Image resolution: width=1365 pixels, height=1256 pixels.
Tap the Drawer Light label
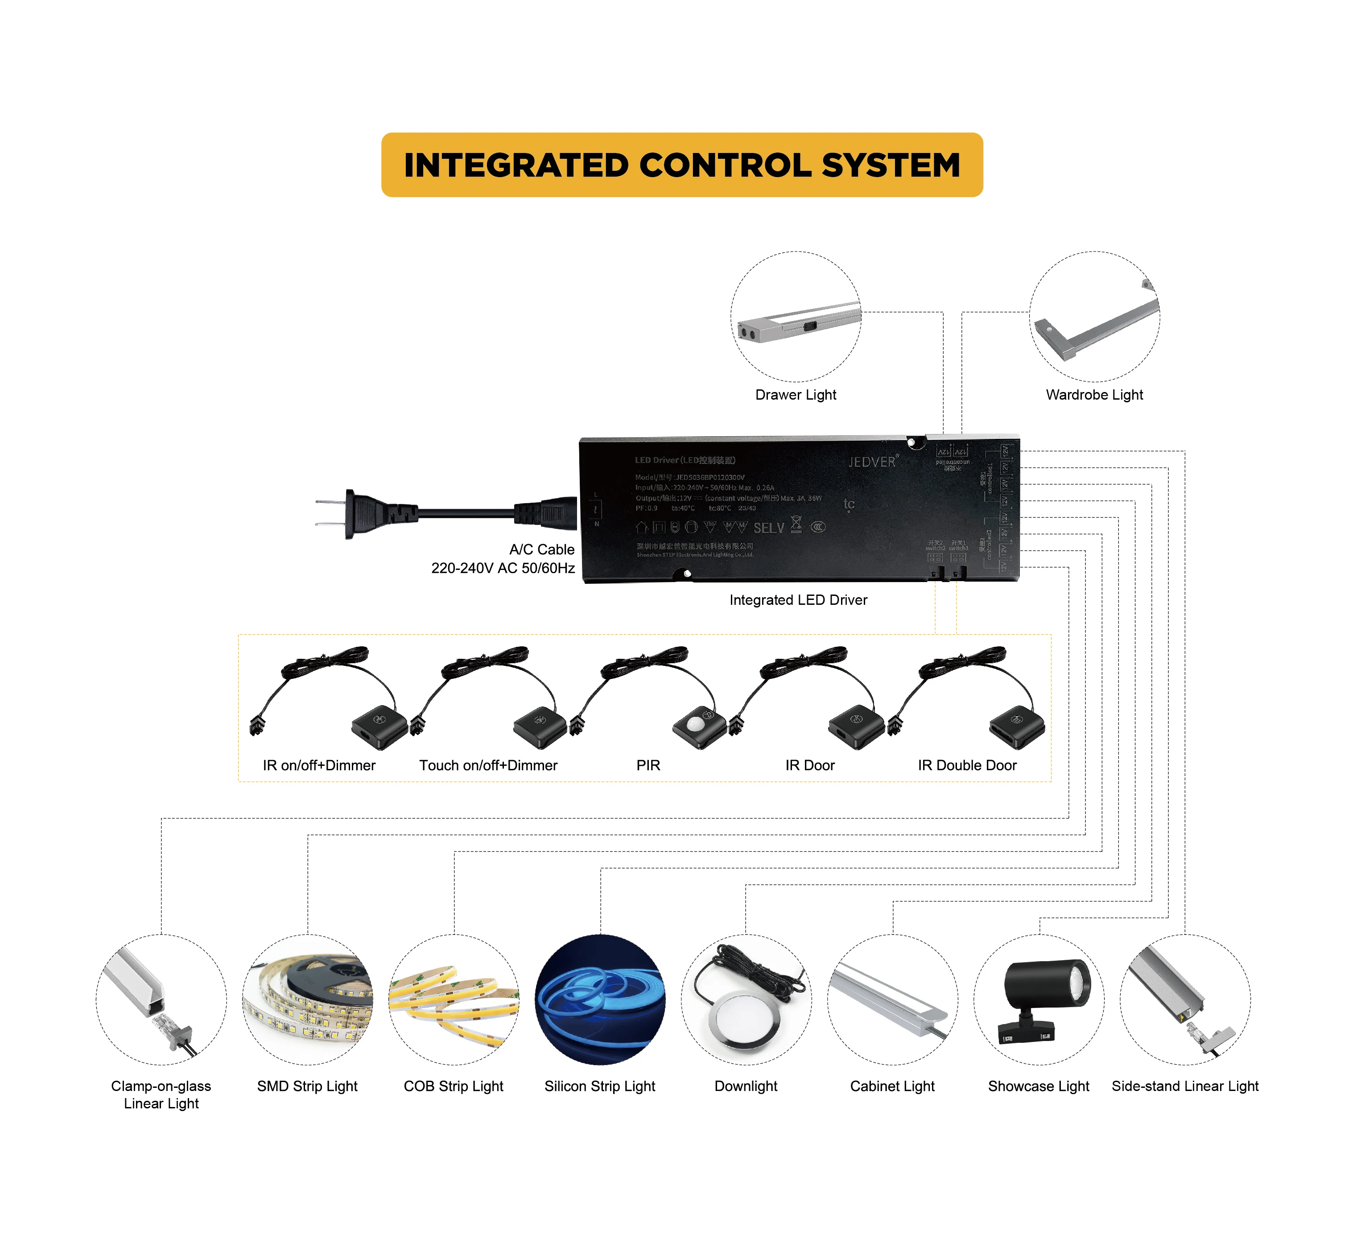pos(796,395)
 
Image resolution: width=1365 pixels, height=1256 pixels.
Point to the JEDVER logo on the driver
pos(872,462)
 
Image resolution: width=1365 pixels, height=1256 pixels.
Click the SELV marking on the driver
pos(768,528)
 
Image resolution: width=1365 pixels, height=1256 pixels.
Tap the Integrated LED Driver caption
pos(798,600)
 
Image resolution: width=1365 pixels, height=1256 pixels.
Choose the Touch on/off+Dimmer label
pos(488,765)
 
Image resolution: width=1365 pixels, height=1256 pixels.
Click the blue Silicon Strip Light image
pos(600,999)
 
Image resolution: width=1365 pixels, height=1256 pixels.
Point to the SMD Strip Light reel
pos(308,999)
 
